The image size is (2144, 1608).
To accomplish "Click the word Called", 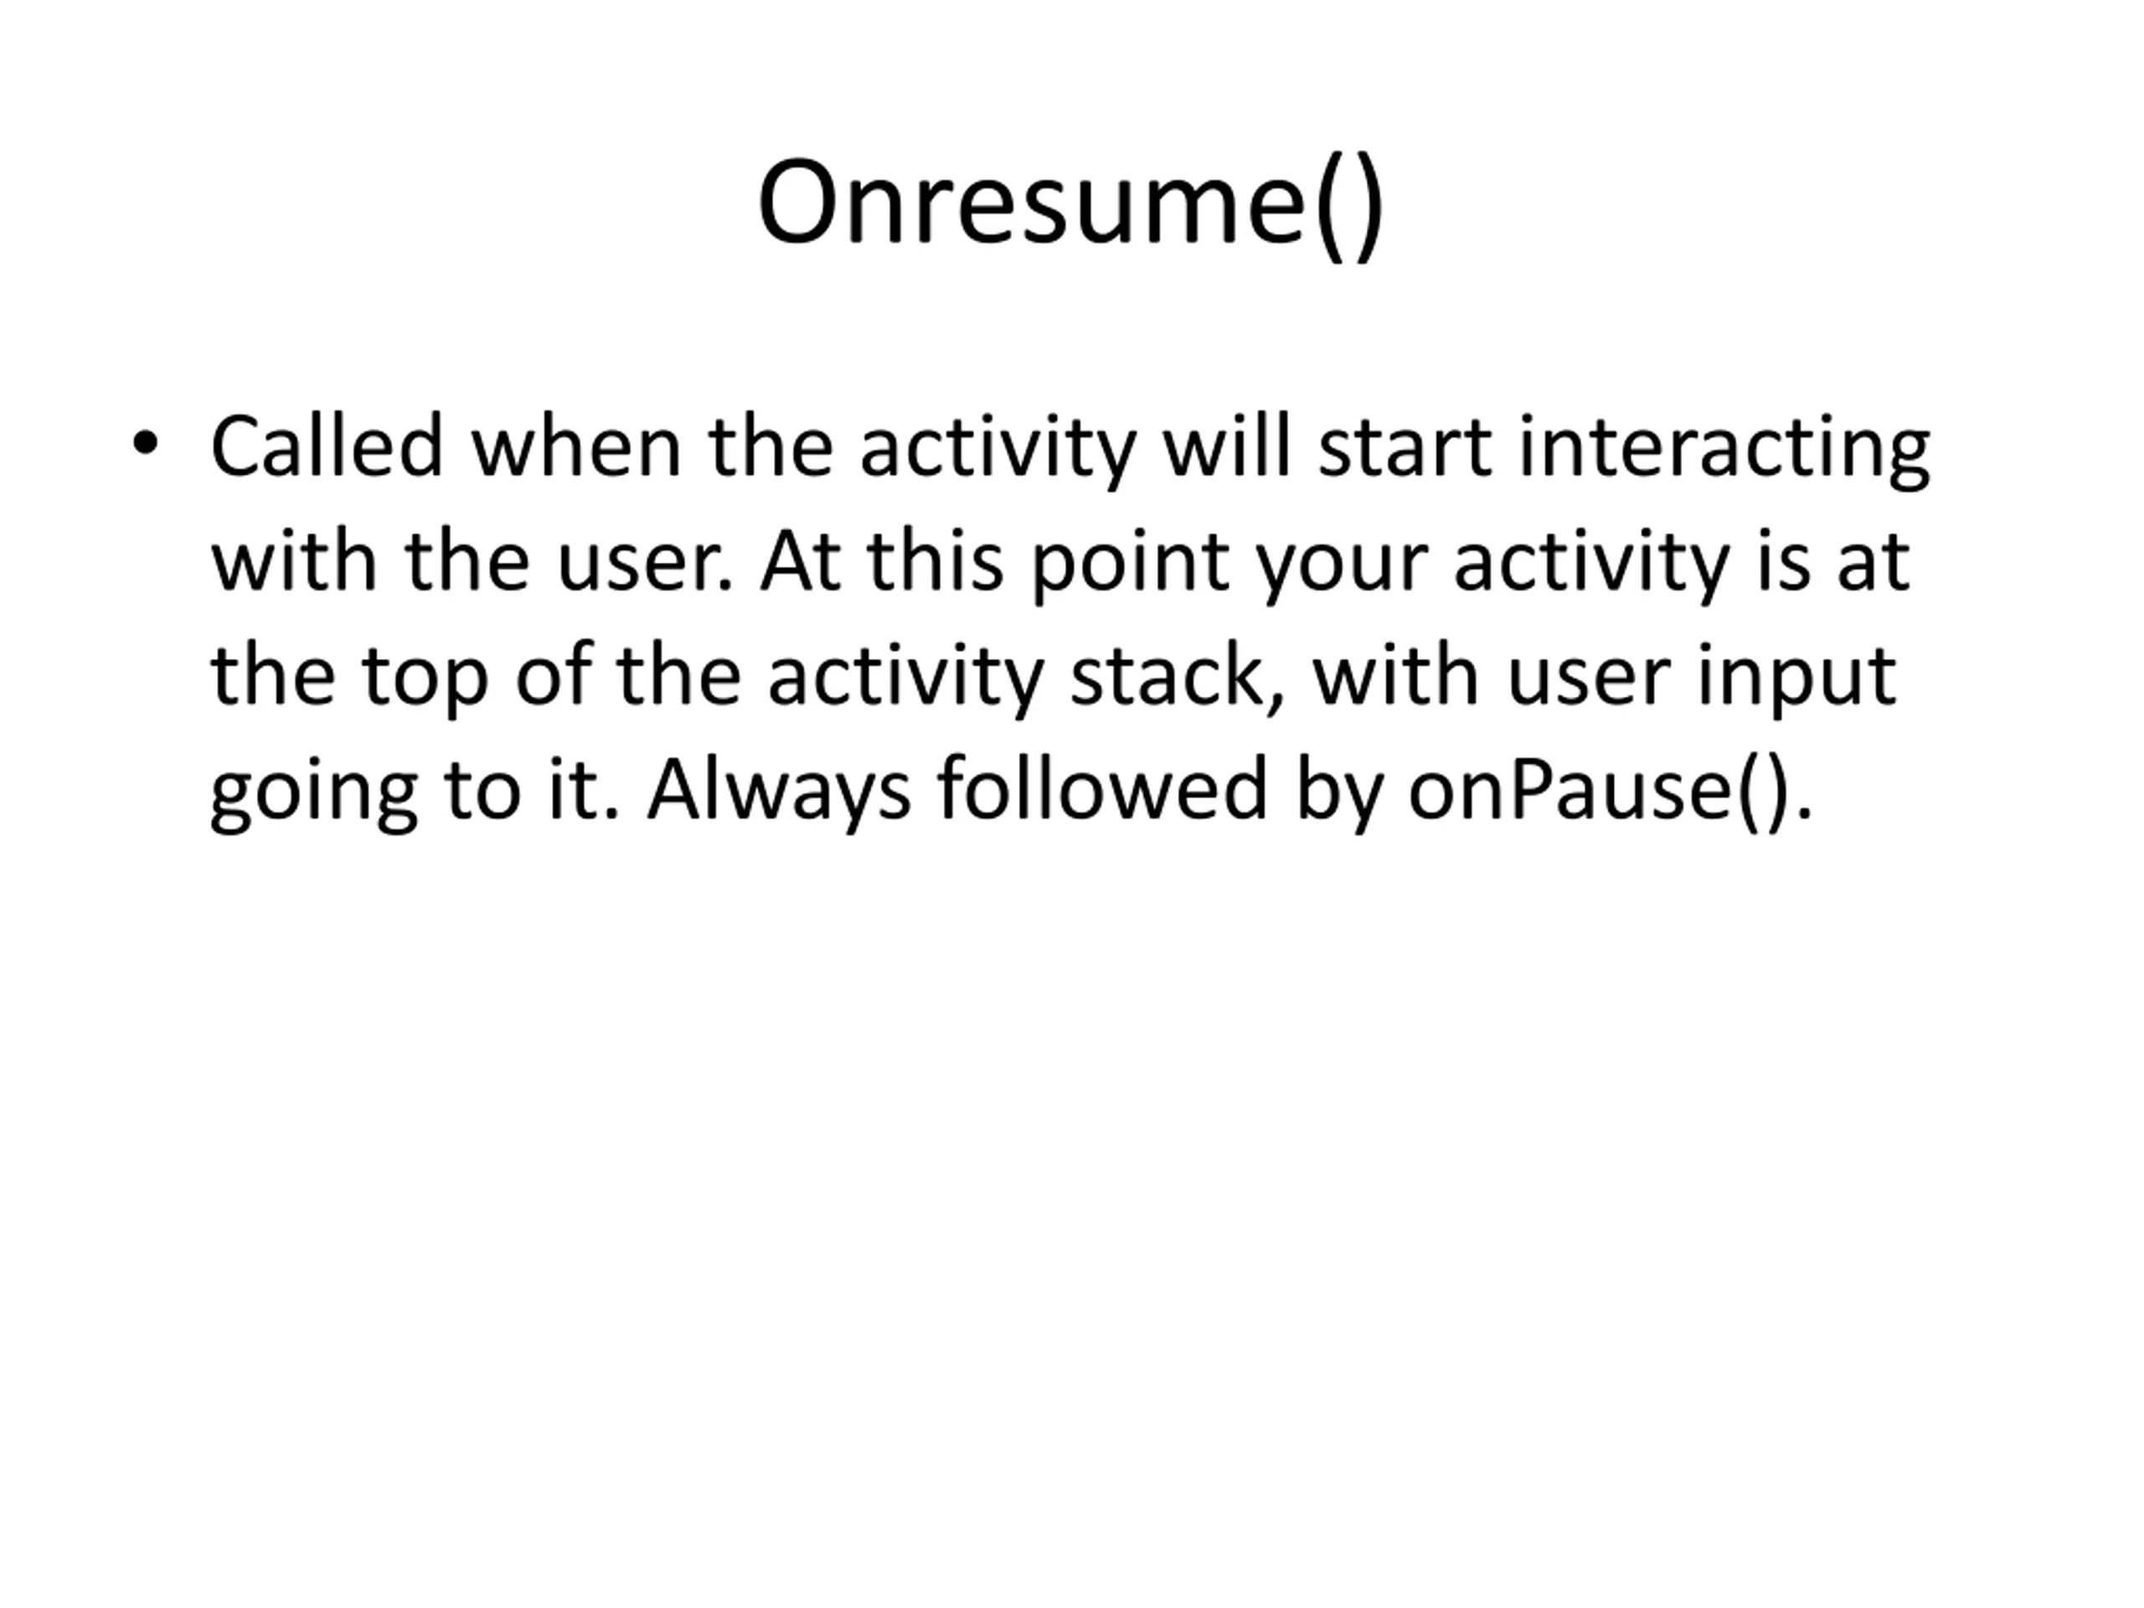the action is click(x=327, y=447).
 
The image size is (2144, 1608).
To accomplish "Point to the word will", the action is click(x=1227, y=447).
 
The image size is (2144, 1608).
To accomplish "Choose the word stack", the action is click(x=1178, y=676).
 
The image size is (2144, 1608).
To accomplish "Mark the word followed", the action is click(x=1103, y=789).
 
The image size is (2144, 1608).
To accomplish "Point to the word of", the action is click(x=554, y=676).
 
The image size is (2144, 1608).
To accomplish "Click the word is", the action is click(x=1783, y=561).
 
